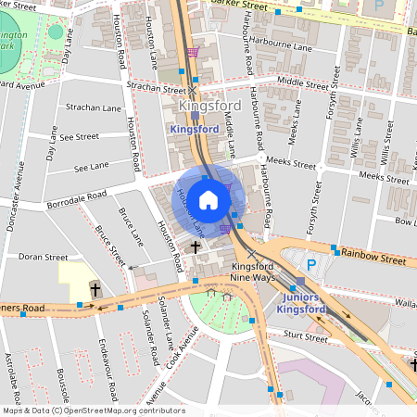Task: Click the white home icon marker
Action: click(208, 199)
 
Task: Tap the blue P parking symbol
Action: click(311, 264)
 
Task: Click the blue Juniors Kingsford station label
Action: click(301, 303)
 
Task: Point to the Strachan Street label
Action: click(157, 90)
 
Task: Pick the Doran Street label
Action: click(43, 257)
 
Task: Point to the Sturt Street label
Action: click(305, 339)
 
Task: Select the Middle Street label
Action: click(303, 82)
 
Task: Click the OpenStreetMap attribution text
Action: click(93, 411)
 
